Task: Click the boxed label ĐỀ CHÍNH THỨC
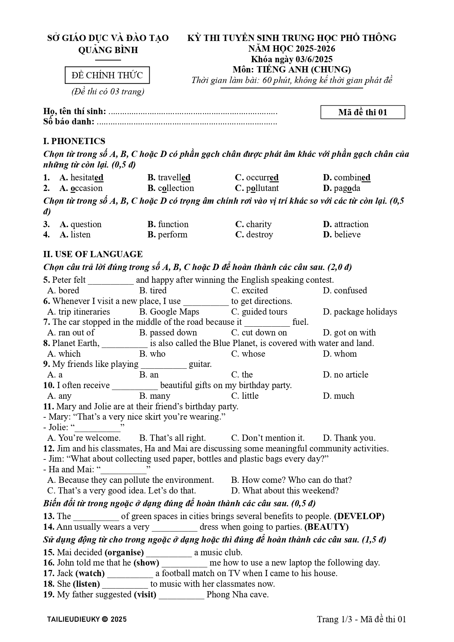coord(107,75)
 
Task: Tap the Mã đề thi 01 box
coord(363,112)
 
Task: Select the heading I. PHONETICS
coord(74,141)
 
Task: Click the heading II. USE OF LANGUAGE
coord(93,254)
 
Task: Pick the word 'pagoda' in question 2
coord(347,188)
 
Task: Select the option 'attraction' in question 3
coord(351,224)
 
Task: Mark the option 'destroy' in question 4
coord(259,234)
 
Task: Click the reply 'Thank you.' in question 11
coord(354,438)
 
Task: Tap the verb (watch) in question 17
coord(90,573)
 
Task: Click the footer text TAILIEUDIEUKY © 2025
coord(87,619)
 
